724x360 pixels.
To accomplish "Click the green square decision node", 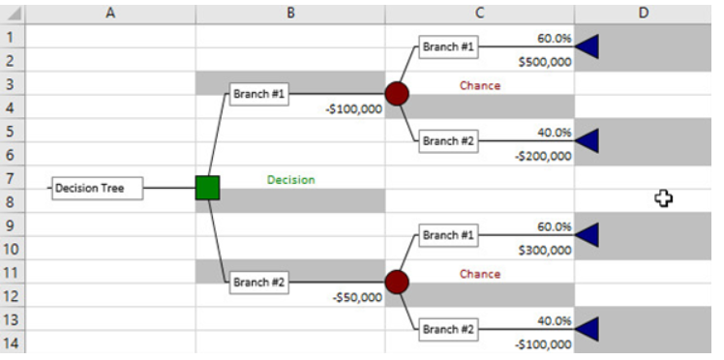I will click(x=207, y=188).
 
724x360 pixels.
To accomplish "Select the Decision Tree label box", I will click(x=97, y=189).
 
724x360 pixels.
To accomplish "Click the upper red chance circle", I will click(x=397, y=94).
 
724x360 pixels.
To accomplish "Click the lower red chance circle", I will click(x=397, y=283).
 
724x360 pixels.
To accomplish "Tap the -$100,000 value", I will click(x=354, y=108).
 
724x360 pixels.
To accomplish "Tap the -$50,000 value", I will click(x=357, y=297).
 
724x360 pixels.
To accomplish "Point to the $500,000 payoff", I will click(x=545, y=62).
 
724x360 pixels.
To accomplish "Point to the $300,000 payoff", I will click(x=545, y=250).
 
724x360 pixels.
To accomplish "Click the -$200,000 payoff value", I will click(x=543, y=155).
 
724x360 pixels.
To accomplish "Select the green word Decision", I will click(x=290, y=179).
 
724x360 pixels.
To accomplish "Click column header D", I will click(x=644, y=12).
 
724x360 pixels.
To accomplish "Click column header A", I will click(x=109, y=12).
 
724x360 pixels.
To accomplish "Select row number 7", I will click(x=11, y=178).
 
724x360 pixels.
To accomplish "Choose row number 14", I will click(x=11, y=343).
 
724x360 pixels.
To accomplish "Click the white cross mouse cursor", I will click(x=664, y=197).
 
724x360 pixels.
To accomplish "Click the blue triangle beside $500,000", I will click(x=587, y=46).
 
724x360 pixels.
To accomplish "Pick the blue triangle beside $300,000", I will click(x=587, y=235).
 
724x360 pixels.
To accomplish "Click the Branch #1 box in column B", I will click(x=257, y=95).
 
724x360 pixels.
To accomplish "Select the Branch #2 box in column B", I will click(x=257, y=283).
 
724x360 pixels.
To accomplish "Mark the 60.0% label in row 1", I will click(x=555, y=39).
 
